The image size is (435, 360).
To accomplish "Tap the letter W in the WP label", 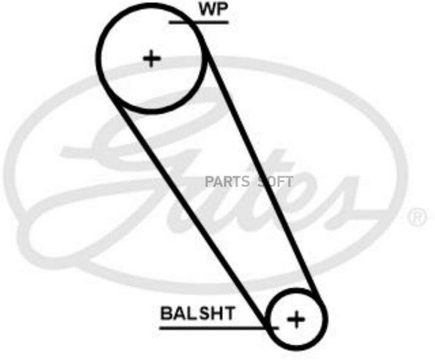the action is click(204, 10).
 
